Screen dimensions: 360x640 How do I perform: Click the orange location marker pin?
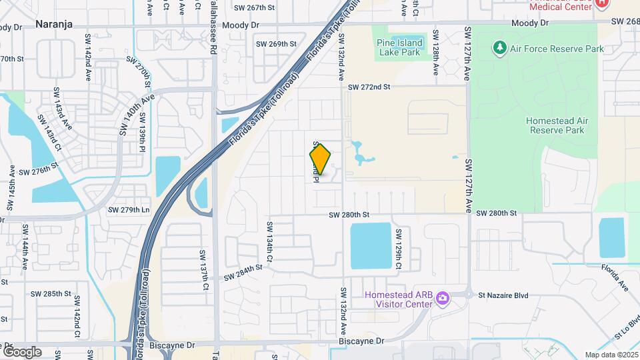click(x=320, y=159)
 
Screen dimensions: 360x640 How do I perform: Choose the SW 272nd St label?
click(x=369, y=87)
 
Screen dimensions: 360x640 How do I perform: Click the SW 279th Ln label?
click(x=129, y=210)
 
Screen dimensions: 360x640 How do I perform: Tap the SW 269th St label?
click(x=276, y=44)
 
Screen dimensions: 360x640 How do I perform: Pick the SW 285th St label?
click(x=51, y=293)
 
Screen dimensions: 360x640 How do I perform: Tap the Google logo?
click(x=22, y=352)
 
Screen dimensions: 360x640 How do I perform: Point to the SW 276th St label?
click(x=38, y=171)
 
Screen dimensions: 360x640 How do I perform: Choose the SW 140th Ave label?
click(x=137, y=115)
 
